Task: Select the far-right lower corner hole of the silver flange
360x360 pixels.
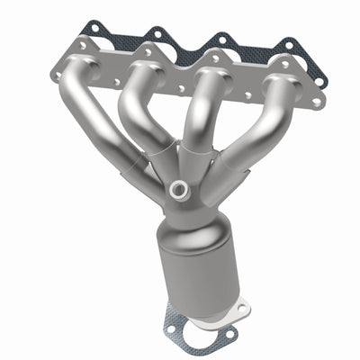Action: pos(316,103)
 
